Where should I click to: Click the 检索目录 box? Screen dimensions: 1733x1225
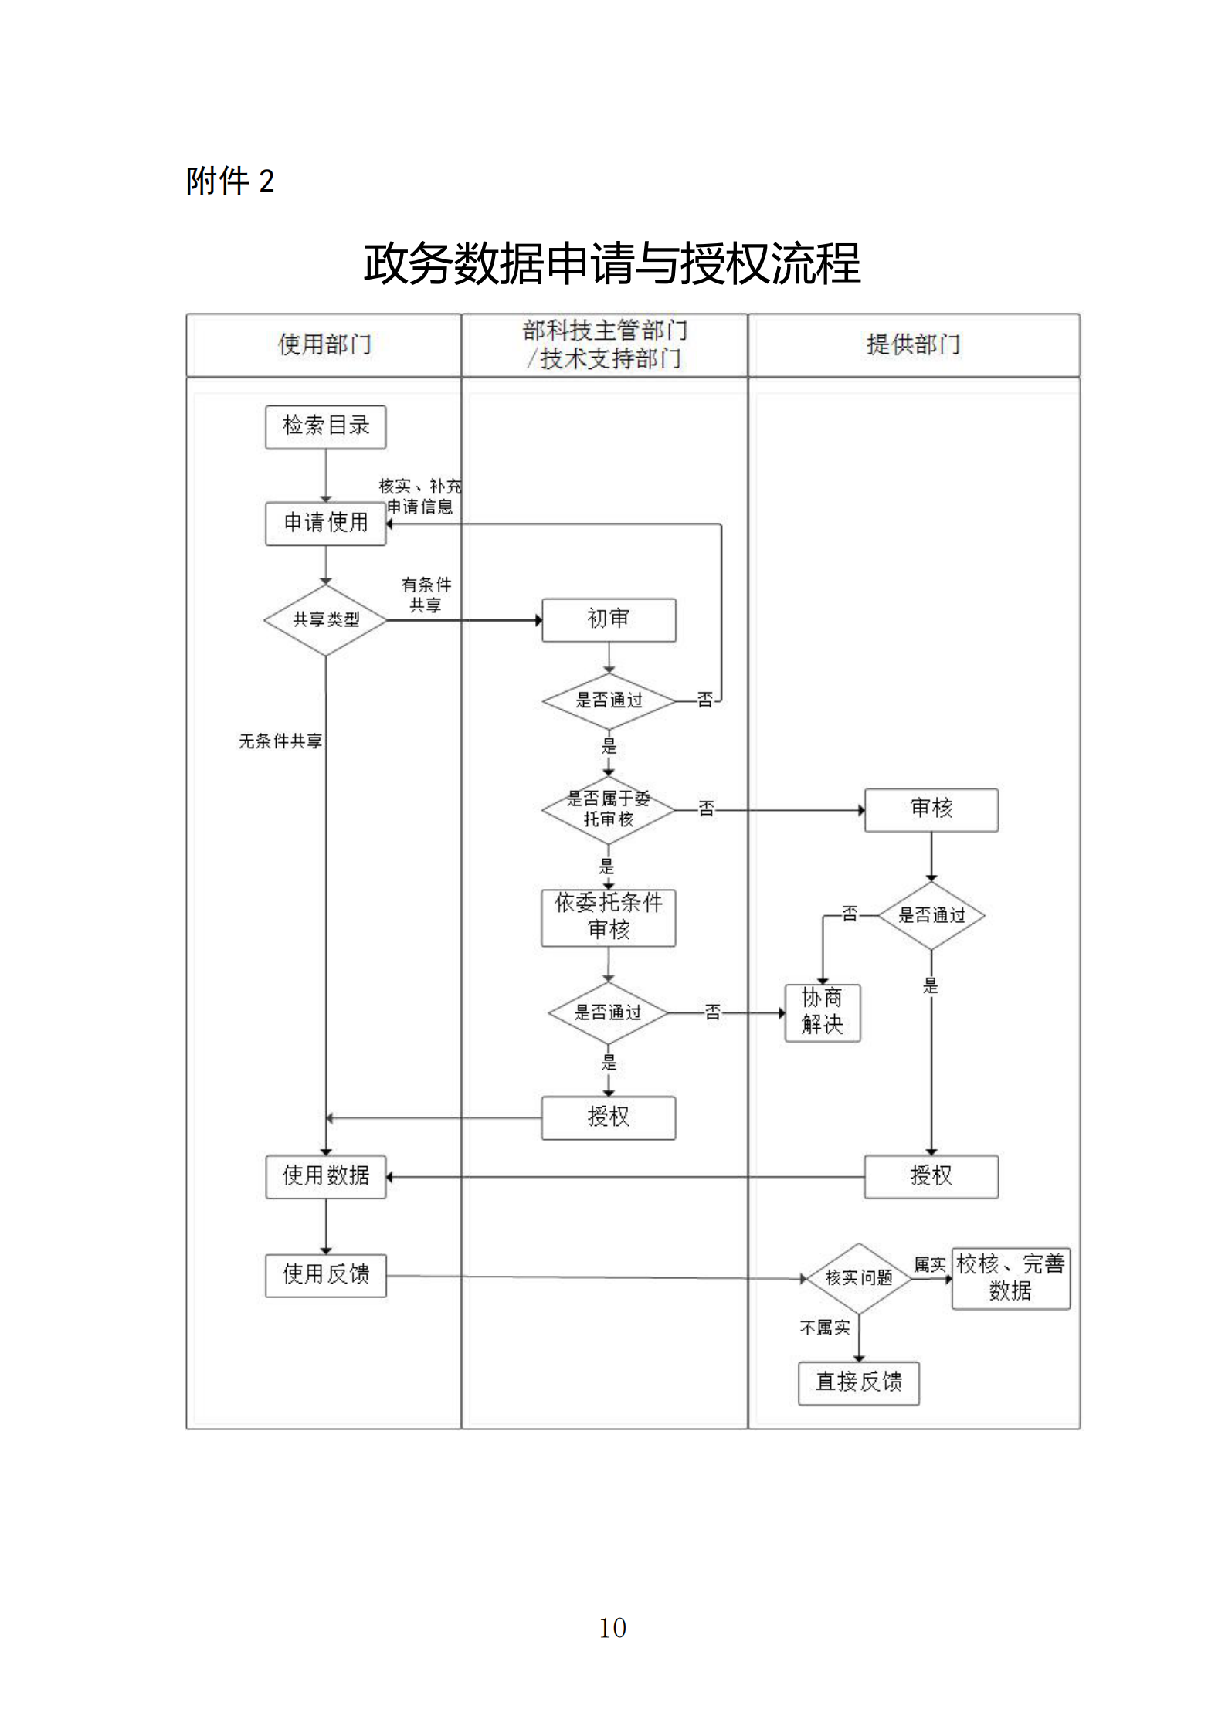click(325, 426)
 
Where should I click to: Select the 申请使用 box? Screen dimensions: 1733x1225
click(325, 524)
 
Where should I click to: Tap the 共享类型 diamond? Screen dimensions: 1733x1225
click(325, 620)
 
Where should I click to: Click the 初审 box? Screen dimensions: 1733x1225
click(609, 619)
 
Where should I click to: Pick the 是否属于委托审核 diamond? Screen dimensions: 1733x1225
click(609, 809)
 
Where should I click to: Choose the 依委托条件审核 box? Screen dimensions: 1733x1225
click(609, 917)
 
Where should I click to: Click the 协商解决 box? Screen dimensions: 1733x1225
click(823, 1012)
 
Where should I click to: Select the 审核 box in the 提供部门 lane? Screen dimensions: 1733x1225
click(931, 809)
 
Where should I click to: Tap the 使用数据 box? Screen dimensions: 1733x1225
click(325, 1176)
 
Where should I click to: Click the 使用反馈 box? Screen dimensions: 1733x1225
click(325, 1275)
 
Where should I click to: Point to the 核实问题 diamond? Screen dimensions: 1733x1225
click(859, 1278)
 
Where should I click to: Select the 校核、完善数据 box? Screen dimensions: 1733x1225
click(1010, 1278)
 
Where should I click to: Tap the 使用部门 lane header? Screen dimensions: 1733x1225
click(324, 345)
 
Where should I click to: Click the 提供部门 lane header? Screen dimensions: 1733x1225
click(914, 345)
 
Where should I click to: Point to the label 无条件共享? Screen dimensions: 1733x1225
click(280, 741)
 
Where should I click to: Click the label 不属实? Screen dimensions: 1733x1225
click(824, 1328)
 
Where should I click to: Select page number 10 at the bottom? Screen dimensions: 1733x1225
click(612, 1629)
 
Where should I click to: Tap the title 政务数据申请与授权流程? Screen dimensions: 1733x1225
click(612, 264)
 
